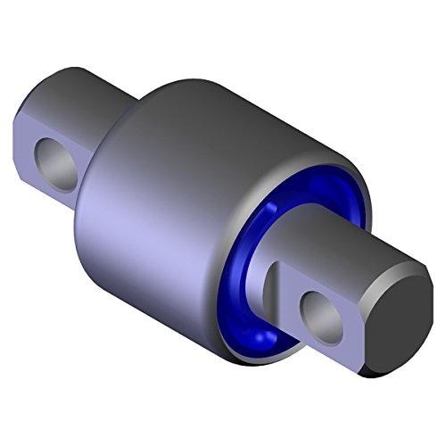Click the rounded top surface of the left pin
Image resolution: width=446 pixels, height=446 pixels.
80,98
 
